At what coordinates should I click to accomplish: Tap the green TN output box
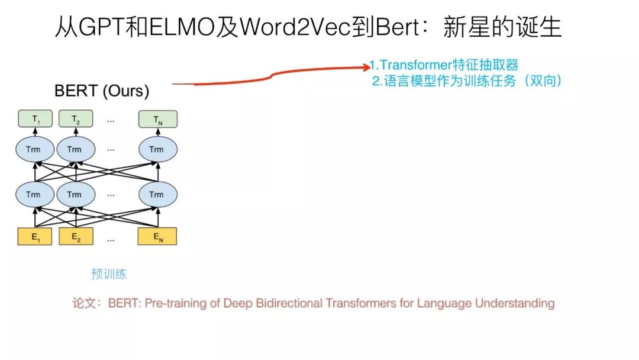point(157,120)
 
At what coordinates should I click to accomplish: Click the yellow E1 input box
point(35,237)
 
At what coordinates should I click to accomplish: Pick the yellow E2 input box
point(76,237)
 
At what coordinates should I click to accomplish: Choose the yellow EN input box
point(157,237)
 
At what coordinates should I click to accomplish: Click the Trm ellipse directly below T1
point(34,149)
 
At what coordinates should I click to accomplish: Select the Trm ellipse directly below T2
point(75,149)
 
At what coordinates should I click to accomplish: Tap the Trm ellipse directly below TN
point(157,149)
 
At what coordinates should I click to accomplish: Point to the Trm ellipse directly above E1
point(34,194)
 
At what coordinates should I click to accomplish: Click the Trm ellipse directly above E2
point(75,194)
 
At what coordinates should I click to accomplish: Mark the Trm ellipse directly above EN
point(157,194)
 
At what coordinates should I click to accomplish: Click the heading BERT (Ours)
point(102,91)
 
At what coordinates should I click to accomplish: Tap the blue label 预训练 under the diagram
point(109,274)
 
